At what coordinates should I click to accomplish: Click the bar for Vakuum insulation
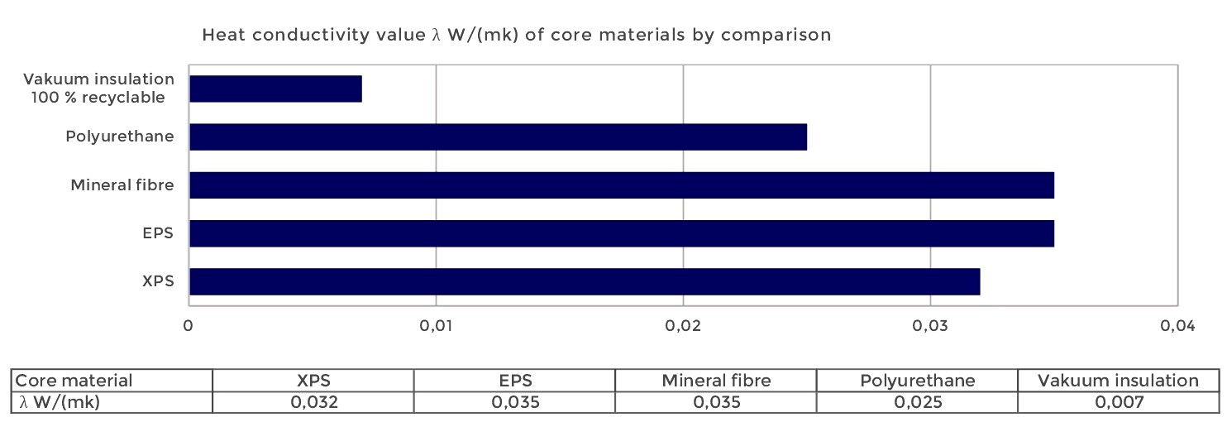click(275, 89)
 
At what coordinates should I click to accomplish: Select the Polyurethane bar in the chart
click(498, 137)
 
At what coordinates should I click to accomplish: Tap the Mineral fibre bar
click(621, 185)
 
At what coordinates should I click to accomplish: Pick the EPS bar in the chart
click(621, 233)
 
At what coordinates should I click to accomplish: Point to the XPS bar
click(584, 281)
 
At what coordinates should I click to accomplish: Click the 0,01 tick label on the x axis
click(436, 327)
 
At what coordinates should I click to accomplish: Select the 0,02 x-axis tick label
click(683, 327)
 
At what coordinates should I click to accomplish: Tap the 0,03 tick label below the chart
click(930, 327)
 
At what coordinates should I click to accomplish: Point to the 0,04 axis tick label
click(1177, 327)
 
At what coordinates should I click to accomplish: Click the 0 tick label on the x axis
click(189, 327)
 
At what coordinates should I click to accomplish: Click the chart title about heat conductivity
click(517, 36)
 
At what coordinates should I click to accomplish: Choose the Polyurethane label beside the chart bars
click(120, 137)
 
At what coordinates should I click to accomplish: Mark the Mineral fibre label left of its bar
click(122, 185)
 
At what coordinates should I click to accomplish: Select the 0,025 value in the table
click(917, 401)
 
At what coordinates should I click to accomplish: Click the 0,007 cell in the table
click(1118, 401)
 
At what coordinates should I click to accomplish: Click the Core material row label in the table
click(74, 381)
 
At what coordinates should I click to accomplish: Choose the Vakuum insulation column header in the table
click(1118, 381)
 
